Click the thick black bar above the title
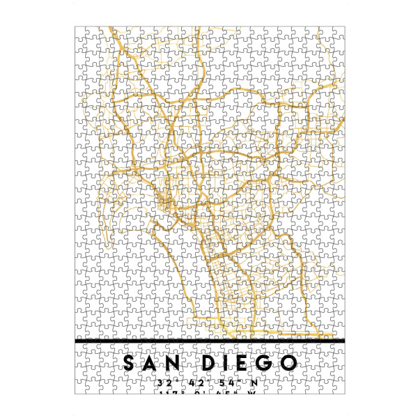tap(209, 341)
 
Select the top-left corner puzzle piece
tap(82, 33)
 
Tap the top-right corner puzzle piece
tap(336, 33)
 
